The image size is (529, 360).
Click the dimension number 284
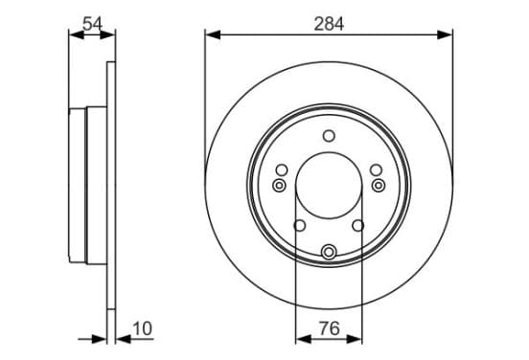(x=329, y=24)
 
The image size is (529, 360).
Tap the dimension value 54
(x=92, y=24)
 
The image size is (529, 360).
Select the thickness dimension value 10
(x=143, y=328)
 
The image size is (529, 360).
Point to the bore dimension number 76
(x=329, y=328)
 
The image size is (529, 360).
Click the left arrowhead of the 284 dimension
(x=213, y=34)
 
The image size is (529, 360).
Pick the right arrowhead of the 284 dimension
(x=445, y=34)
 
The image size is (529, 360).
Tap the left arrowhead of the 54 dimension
(x=77, y=34)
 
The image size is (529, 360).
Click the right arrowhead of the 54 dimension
(x=107, y=34)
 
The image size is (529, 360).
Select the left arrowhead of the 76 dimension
(x=303, y=339)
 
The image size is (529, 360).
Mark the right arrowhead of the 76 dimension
(x=355, y=339)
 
